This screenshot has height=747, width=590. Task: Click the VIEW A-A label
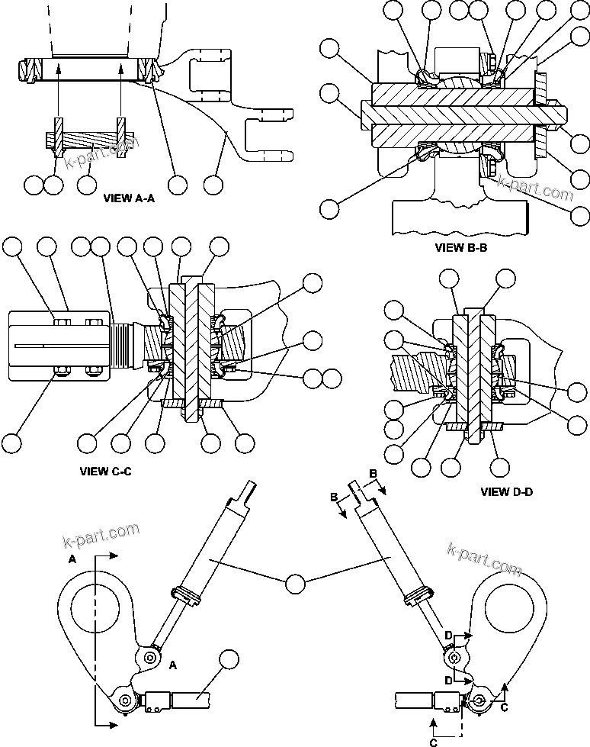129,197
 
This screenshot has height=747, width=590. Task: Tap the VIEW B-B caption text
460,247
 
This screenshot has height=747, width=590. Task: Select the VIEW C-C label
106,471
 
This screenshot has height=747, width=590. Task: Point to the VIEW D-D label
507,492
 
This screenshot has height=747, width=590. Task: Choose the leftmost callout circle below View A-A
34,184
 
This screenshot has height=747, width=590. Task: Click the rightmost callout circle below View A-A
214,184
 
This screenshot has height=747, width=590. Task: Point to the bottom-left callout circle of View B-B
329,208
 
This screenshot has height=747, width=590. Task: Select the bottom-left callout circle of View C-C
13,443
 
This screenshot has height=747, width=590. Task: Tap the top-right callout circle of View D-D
507,282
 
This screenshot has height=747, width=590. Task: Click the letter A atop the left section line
72,559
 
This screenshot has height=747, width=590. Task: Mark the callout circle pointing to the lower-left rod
228,659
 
